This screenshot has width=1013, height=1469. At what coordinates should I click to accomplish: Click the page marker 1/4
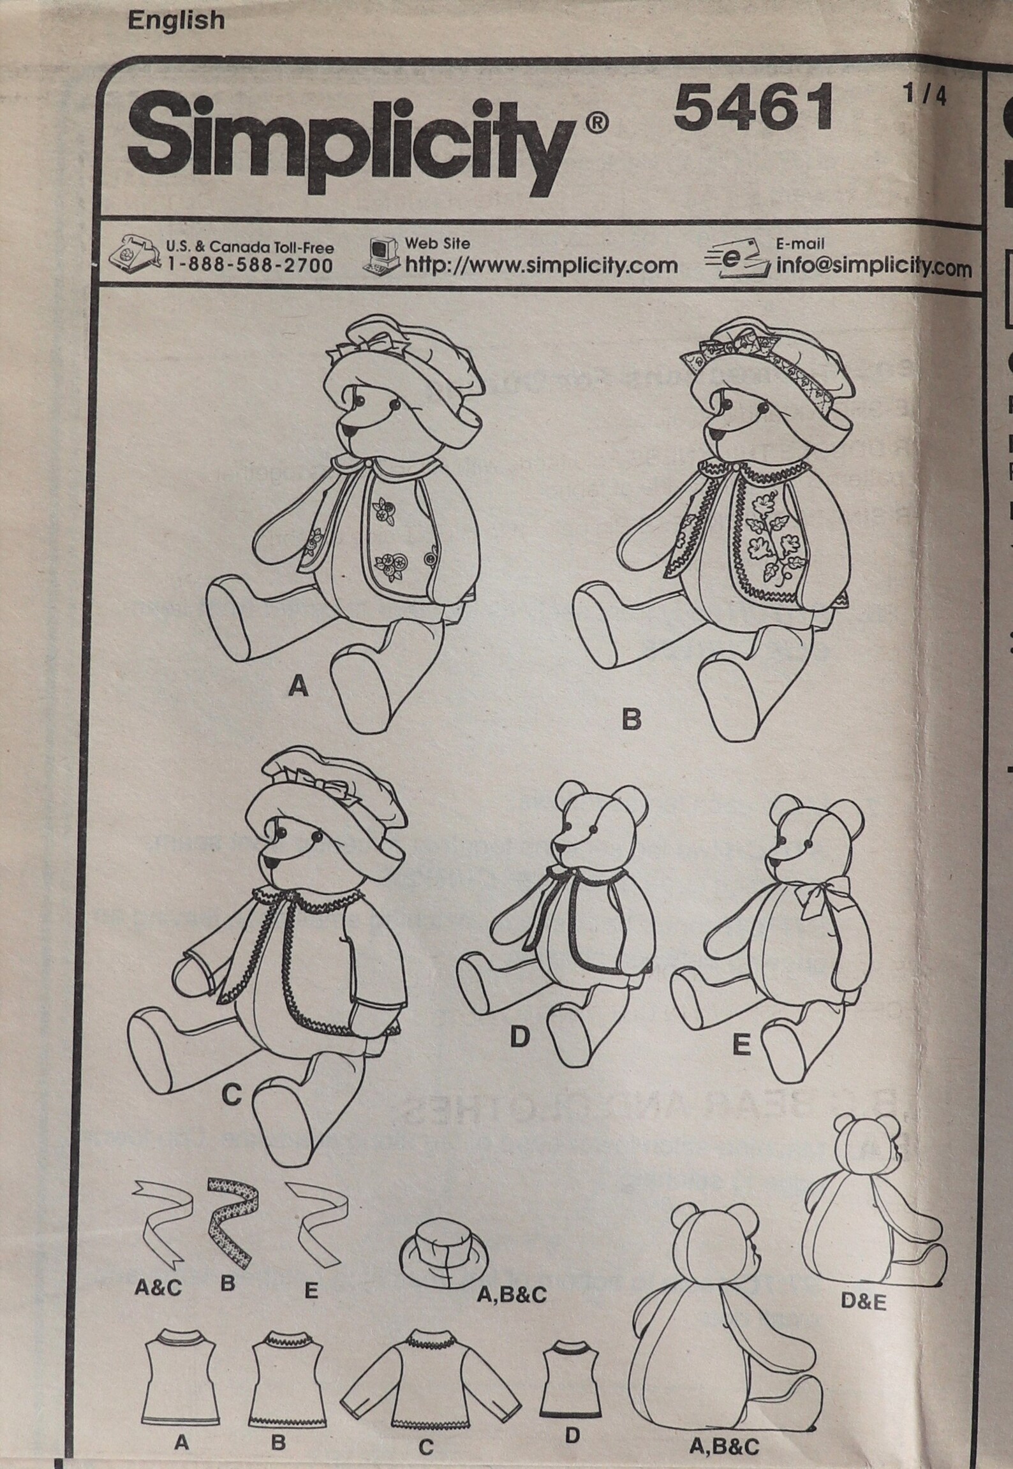tap(924, 97)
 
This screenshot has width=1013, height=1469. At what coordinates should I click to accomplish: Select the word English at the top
tap(176, 21)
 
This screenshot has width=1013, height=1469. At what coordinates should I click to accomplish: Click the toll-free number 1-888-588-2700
tap(249, 265)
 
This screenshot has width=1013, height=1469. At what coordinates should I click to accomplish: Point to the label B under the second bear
tap(630, 720)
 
